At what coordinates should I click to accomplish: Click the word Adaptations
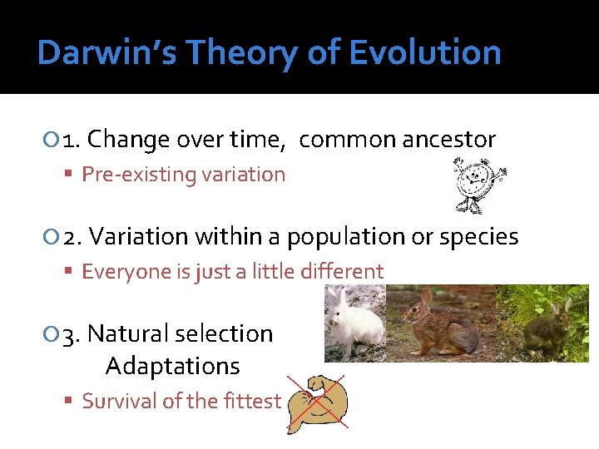[172, 366]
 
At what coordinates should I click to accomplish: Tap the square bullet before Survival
[71, 402]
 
